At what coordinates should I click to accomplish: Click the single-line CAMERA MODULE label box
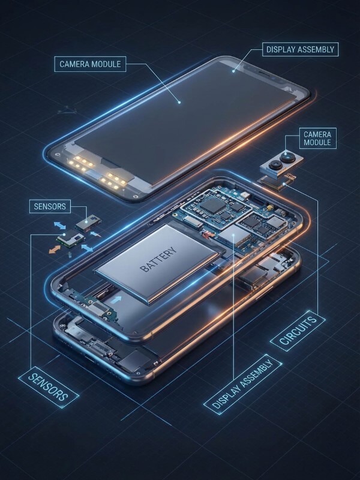click(x=91, y=64)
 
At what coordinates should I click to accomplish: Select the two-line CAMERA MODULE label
click(x=317, y=139)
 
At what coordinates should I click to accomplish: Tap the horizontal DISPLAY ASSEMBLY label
click(x=299, y=49)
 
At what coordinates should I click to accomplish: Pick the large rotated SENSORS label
click(x=49, y=385)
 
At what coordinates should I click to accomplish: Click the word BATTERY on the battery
click(x=158, y=259)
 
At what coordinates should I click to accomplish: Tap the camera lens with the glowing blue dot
click(x=287, y=157)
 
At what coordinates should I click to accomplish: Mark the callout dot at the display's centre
click(x=179, y=103)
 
